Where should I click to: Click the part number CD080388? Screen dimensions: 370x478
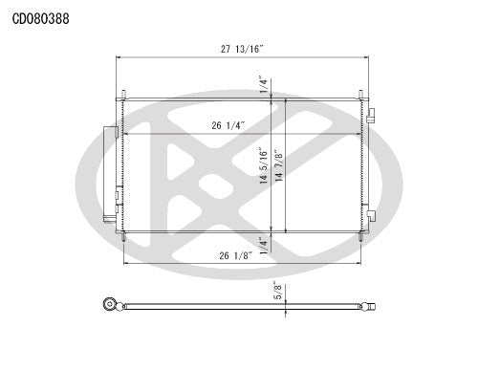pyautogui.click(x=39, y=17)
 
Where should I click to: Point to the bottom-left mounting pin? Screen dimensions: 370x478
pyautogui.click(x=124, y=236)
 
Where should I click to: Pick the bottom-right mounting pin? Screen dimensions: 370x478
pyautogui.click(x=359, y=236)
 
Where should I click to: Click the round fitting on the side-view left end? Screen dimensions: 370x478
pyautogui.click(x=108, y=306)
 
